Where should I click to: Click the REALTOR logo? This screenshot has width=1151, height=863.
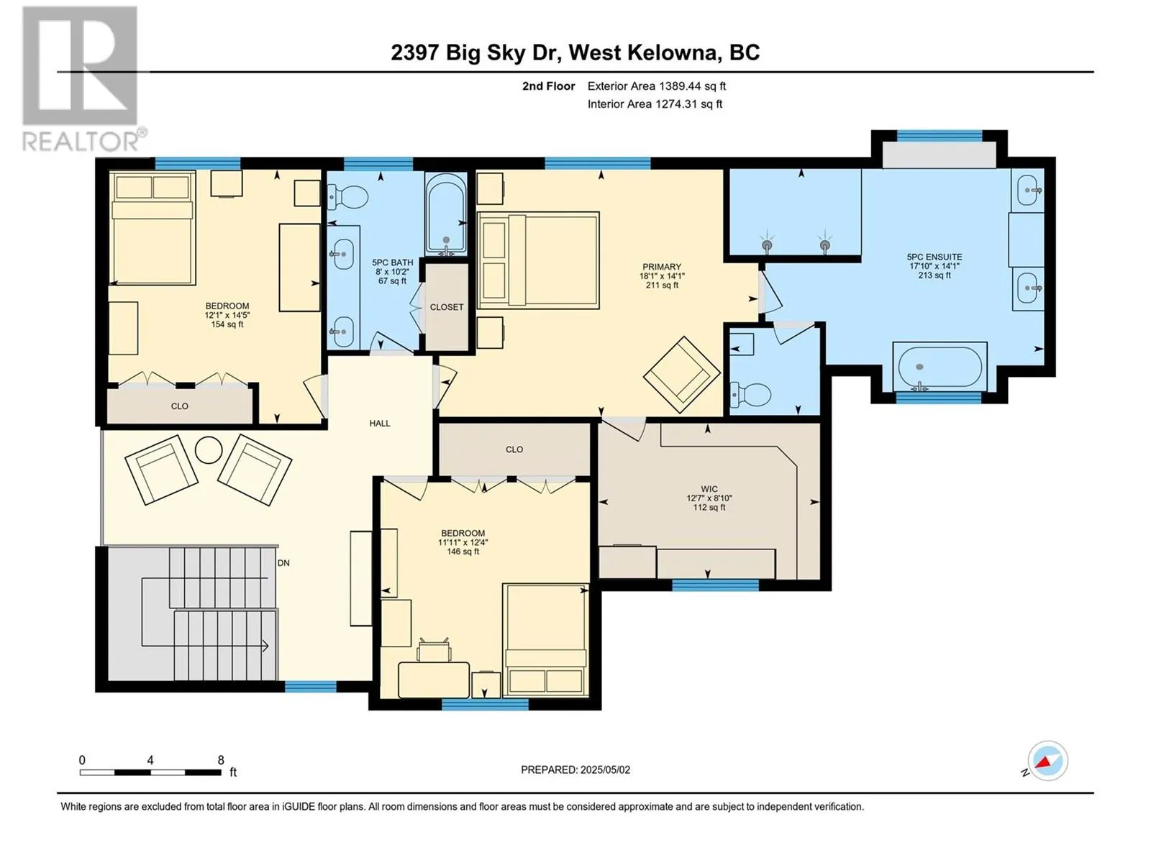point(81,79)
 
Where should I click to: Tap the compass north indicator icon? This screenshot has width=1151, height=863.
point(1047,761)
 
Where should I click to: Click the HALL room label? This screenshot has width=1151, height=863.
point(380,424)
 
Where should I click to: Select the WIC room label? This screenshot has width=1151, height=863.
point(709,489)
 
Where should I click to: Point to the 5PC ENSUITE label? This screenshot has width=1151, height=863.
point(934,257)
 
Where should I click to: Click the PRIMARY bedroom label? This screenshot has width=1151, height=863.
point(661,267)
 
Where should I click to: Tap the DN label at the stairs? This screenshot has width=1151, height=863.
point(283,563)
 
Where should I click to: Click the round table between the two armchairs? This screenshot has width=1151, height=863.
point(209,451)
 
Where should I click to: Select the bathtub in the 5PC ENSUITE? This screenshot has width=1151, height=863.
point(940,366)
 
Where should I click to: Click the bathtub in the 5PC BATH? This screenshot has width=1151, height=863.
point(446,214)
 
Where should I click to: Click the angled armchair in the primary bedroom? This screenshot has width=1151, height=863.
point(681,374)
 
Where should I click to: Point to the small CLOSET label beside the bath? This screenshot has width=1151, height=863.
point(447,307)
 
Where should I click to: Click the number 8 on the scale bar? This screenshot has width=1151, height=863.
point(221,760)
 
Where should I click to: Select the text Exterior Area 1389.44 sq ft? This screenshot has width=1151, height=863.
point(656,86)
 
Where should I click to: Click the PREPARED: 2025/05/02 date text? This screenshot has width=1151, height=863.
point(575,770)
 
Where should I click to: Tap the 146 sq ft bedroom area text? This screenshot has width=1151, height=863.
point(463,552)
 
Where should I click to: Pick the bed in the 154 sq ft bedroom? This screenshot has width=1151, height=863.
point(153,228)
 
